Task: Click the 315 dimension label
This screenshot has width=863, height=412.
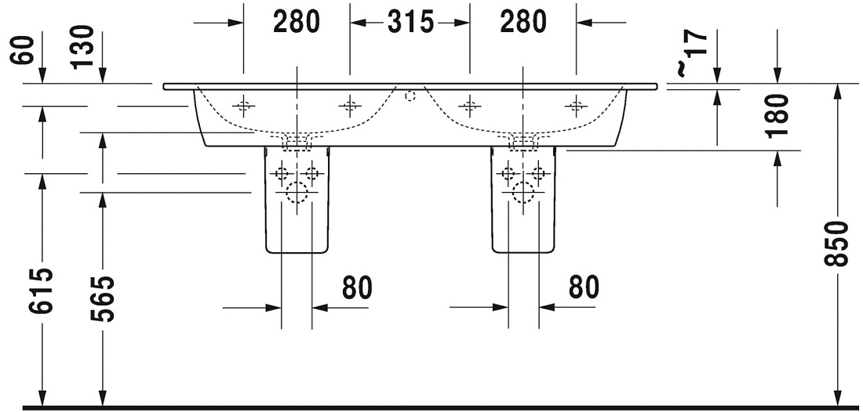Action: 410,22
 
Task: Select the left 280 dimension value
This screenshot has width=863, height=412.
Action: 296,22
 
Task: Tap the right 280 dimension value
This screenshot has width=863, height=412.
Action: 523,22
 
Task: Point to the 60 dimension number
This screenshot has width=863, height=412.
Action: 23,50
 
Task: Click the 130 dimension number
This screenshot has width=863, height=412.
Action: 83,47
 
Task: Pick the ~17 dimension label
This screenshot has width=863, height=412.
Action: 691,52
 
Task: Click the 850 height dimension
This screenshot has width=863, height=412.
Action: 836,244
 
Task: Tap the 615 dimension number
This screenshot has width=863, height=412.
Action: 42,291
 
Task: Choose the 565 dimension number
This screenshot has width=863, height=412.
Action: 102,298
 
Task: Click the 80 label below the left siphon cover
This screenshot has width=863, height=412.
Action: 357,287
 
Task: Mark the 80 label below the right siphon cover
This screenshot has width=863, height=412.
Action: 584,287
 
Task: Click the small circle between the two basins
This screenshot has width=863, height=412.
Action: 410,96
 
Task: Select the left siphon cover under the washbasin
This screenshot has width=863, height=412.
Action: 297,200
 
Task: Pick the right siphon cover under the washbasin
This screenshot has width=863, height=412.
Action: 523,200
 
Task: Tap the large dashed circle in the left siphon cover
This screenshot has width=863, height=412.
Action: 297,192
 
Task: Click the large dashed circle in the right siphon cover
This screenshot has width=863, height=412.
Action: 523,192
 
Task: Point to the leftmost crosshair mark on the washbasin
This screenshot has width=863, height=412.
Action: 243,105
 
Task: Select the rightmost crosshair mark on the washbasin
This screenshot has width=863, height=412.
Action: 576,105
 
